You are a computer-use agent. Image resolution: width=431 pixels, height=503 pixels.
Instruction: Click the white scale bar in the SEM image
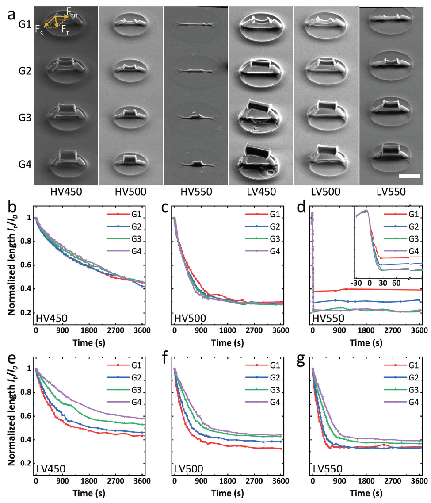409,176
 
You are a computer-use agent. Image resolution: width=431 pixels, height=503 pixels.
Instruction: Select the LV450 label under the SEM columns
261,193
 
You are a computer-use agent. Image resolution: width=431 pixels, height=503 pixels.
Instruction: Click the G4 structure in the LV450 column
261,160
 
